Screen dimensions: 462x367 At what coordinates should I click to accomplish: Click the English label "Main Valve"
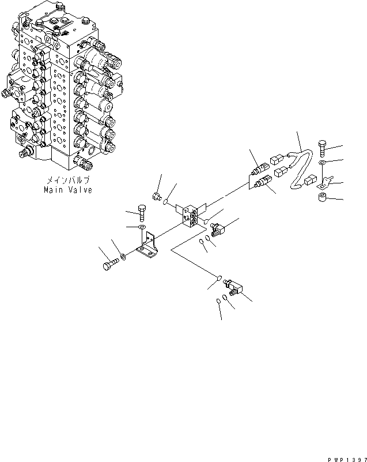click(x=67, y=190)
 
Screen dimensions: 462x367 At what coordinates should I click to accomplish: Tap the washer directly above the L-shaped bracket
click(x=140, y=229)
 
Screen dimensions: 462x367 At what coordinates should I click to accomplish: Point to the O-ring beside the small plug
click(x=167, y=202)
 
